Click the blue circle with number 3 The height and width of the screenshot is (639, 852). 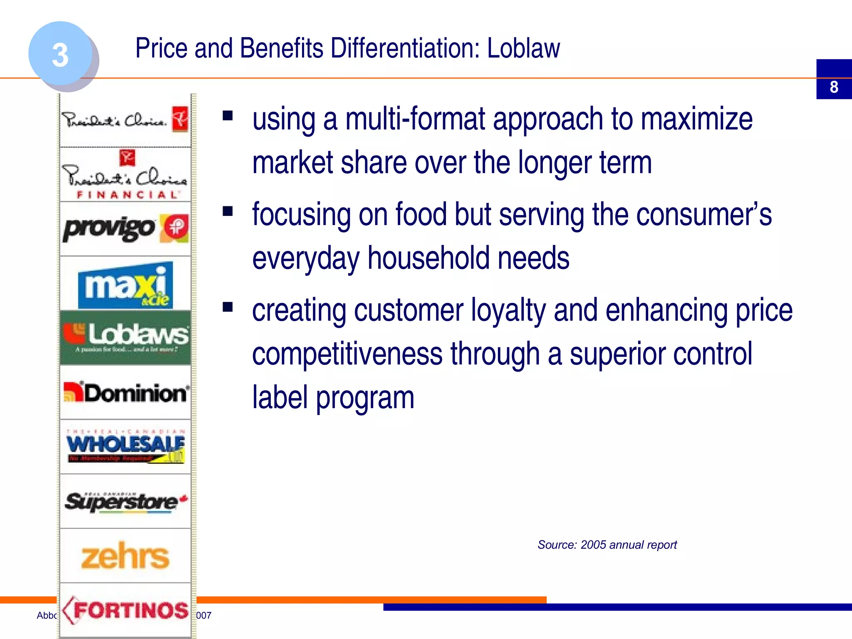61,54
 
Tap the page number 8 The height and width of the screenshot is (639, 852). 834,87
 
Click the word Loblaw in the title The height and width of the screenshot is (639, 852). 523,48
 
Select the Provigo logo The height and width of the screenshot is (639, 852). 125,228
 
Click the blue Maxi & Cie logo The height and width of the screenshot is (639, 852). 125,285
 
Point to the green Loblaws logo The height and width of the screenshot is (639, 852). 125,337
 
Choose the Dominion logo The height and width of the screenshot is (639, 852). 125,392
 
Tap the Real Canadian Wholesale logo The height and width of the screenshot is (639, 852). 125,446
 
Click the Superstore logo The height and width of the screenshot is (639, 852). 125,501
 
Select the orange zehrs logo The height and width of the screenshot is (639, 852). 125,556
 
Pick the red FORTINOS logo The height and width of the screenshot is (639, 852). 125,610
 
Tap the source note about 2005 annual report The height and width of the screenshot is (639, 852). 607,545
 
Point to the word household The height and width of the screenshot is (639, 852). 428,258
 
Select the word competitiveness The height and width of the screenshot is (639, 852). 347,354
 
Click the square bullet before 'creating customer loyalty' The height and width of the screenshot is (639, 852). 228,307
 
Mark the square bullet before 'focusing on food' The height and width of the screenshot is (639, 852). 228,211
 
